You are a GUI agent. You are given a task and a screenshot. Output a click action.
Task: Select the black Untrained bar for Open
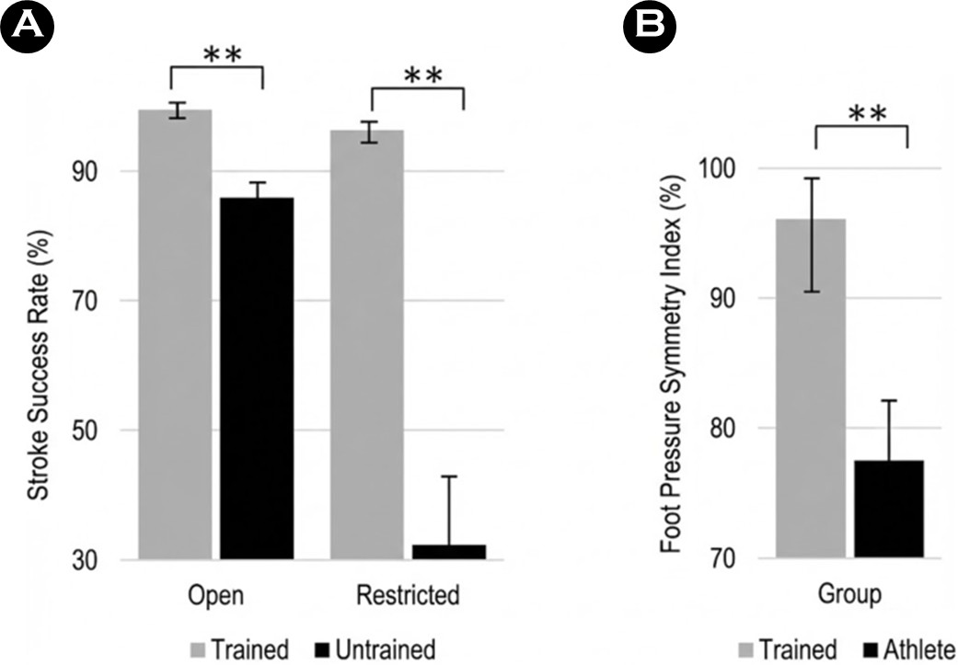[256, 377]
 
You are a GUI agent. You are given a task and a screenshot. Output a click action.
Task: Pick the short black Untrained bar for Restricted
[448, 551]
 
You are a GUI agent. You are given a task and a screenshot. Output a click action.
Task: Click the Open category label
[215, 595]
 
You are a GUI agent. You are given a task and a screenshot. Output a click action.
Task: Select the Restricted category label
[407, 595]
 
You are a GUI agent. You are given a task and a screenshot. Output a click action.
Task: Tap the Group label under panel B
[849, 595]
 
